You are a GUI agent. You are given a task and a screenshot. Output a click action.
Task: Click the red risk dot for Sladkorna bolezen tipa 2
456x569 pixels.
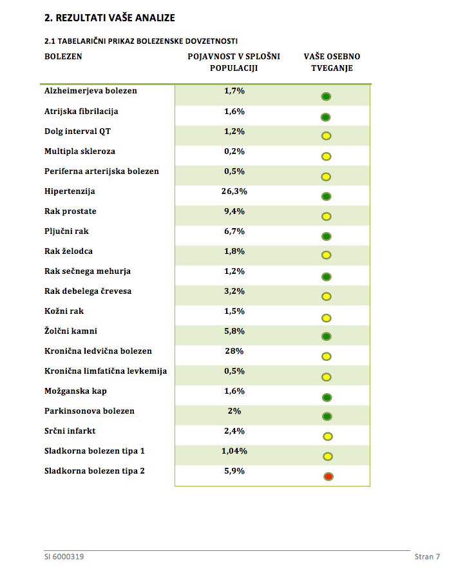coord(328,476)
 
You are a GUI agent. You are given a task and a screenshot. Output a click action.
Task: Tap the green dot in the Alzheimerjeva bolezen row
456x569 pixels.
coord(326,97)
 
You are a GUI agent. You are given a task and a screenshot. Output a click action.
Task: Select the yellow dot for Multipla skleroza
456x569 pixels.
coord(326,157)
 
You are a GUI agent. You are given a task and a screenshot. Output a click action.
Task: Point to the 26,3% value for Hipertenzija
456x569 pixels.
coord(234,191)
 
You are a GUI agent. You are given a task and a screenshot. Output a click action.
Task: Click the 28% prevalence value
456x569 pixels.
coord(234,351)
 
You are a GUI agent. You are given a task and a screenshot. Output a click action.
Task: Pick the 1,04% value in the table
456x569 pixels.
coord(234,450)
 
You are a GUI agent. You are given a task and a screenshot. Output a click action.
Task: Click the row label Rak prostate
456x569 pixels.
coord(70,211)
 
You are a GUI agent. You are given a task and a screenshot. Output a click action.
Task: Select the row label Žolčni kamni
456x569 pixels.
coord(71,331)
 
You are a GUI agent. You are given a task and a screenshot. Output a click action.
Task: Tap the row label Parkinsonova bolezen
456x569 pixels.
coord(90,410)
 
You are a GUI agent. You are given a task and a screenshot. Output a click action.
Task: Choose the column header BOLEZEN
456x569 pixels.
coord(63,57)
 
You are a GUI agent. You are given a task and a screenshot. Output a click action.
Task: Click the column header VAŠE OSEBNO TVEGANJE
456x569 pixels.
coord(332,62)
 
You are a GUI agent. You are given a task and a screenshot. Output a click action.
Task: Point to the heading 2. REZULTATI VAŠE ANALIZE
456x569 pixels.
coord(109,18)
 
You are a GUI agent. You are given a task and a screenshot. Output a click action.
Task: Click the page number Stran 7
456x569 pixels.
coord(428,557)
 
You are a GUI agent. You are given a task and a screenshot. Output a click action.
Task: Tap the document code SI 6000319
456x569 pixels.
coord(64,557)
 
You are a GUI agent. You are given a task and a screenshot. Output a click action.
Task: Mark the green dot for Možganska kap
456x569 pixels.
coord(327,398)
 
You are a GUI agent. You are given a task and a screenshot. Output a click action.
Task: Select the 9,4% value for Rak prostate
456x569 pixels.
coord(234,211)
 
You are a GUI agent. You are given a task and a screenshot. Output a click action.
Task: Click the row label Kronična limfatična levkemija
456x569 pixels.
coord(106,371)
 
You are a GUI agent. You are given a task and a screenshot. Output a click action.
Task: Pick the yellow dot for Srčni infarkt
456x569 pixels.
coord(328,436)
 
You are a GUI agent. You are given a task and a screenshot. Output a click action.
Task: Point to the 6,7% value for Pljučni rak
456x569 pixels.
coord(234,231)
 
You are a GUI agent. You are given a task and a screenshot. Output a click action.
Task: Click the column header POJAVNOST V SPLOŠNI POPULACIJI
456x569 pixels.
coord(234,62)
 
